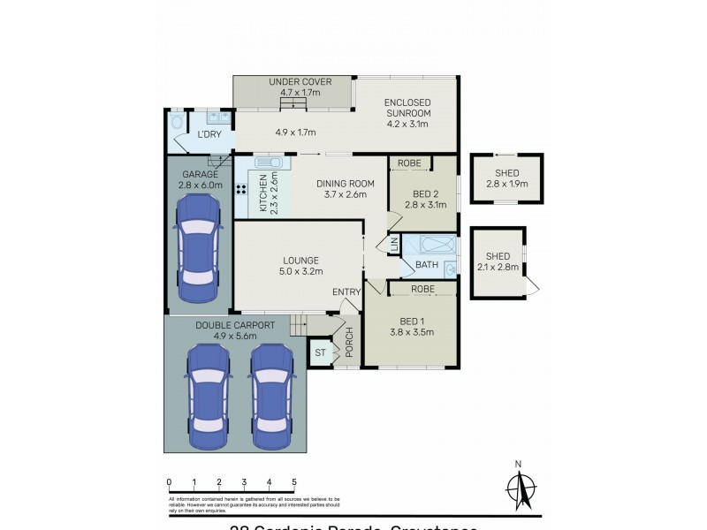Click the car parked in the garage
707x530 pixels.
click(x=199, y=249)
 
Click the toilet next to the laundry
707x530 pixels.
click(x=178, y=121)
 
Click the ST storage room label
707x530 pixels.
click(x=320, y=353)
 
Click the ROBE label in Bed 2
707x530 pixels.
click(x=408, y=163)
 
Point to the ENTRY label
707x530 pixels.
click(x=346, y=292)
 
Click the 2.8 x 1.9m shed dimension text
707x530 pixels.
click(x=506, y=185)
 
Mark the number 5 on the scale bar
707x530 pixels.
click(x=294, y=482)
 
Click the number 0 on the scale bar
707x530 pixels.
click(x=169, y=482)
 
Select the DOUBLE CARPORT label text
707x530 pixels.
click(x=235, y=325)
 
